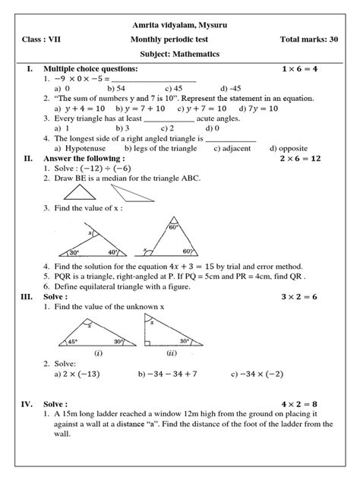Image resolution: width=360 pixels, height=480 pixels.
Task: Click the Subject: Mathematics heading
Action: pos(179,54)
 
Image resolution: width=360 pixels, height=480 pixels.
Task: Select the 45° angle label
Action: pos(62,342)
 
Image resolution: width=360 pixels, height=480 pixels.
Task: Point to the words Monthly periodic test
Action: pos(179,38)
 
